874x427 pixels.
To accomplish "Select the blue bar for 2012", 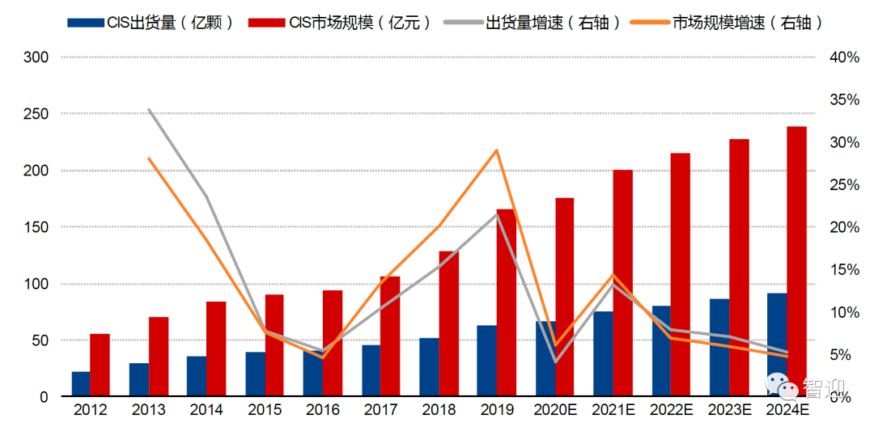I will (80, 384).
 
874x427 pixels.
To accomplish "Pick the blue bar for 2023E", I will (719, 348).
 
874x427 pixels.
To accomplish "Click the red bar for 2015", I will (274, 345).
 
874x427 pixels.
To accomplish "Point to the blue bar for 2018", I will (429, 367).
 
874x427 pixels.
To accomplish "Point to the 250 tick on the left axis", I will (36, 114).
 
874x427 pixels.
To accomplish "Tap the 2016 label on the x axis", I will (324, 410).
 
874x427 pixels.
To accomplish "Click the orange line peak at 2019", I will (497, 150).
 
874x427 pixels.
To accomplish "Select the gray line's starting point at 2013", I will (149, 109).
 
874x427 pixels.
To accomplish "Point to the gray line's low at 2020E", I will (555, 361).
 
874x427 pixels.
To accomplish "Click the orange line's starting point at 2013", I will (149, 159).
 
